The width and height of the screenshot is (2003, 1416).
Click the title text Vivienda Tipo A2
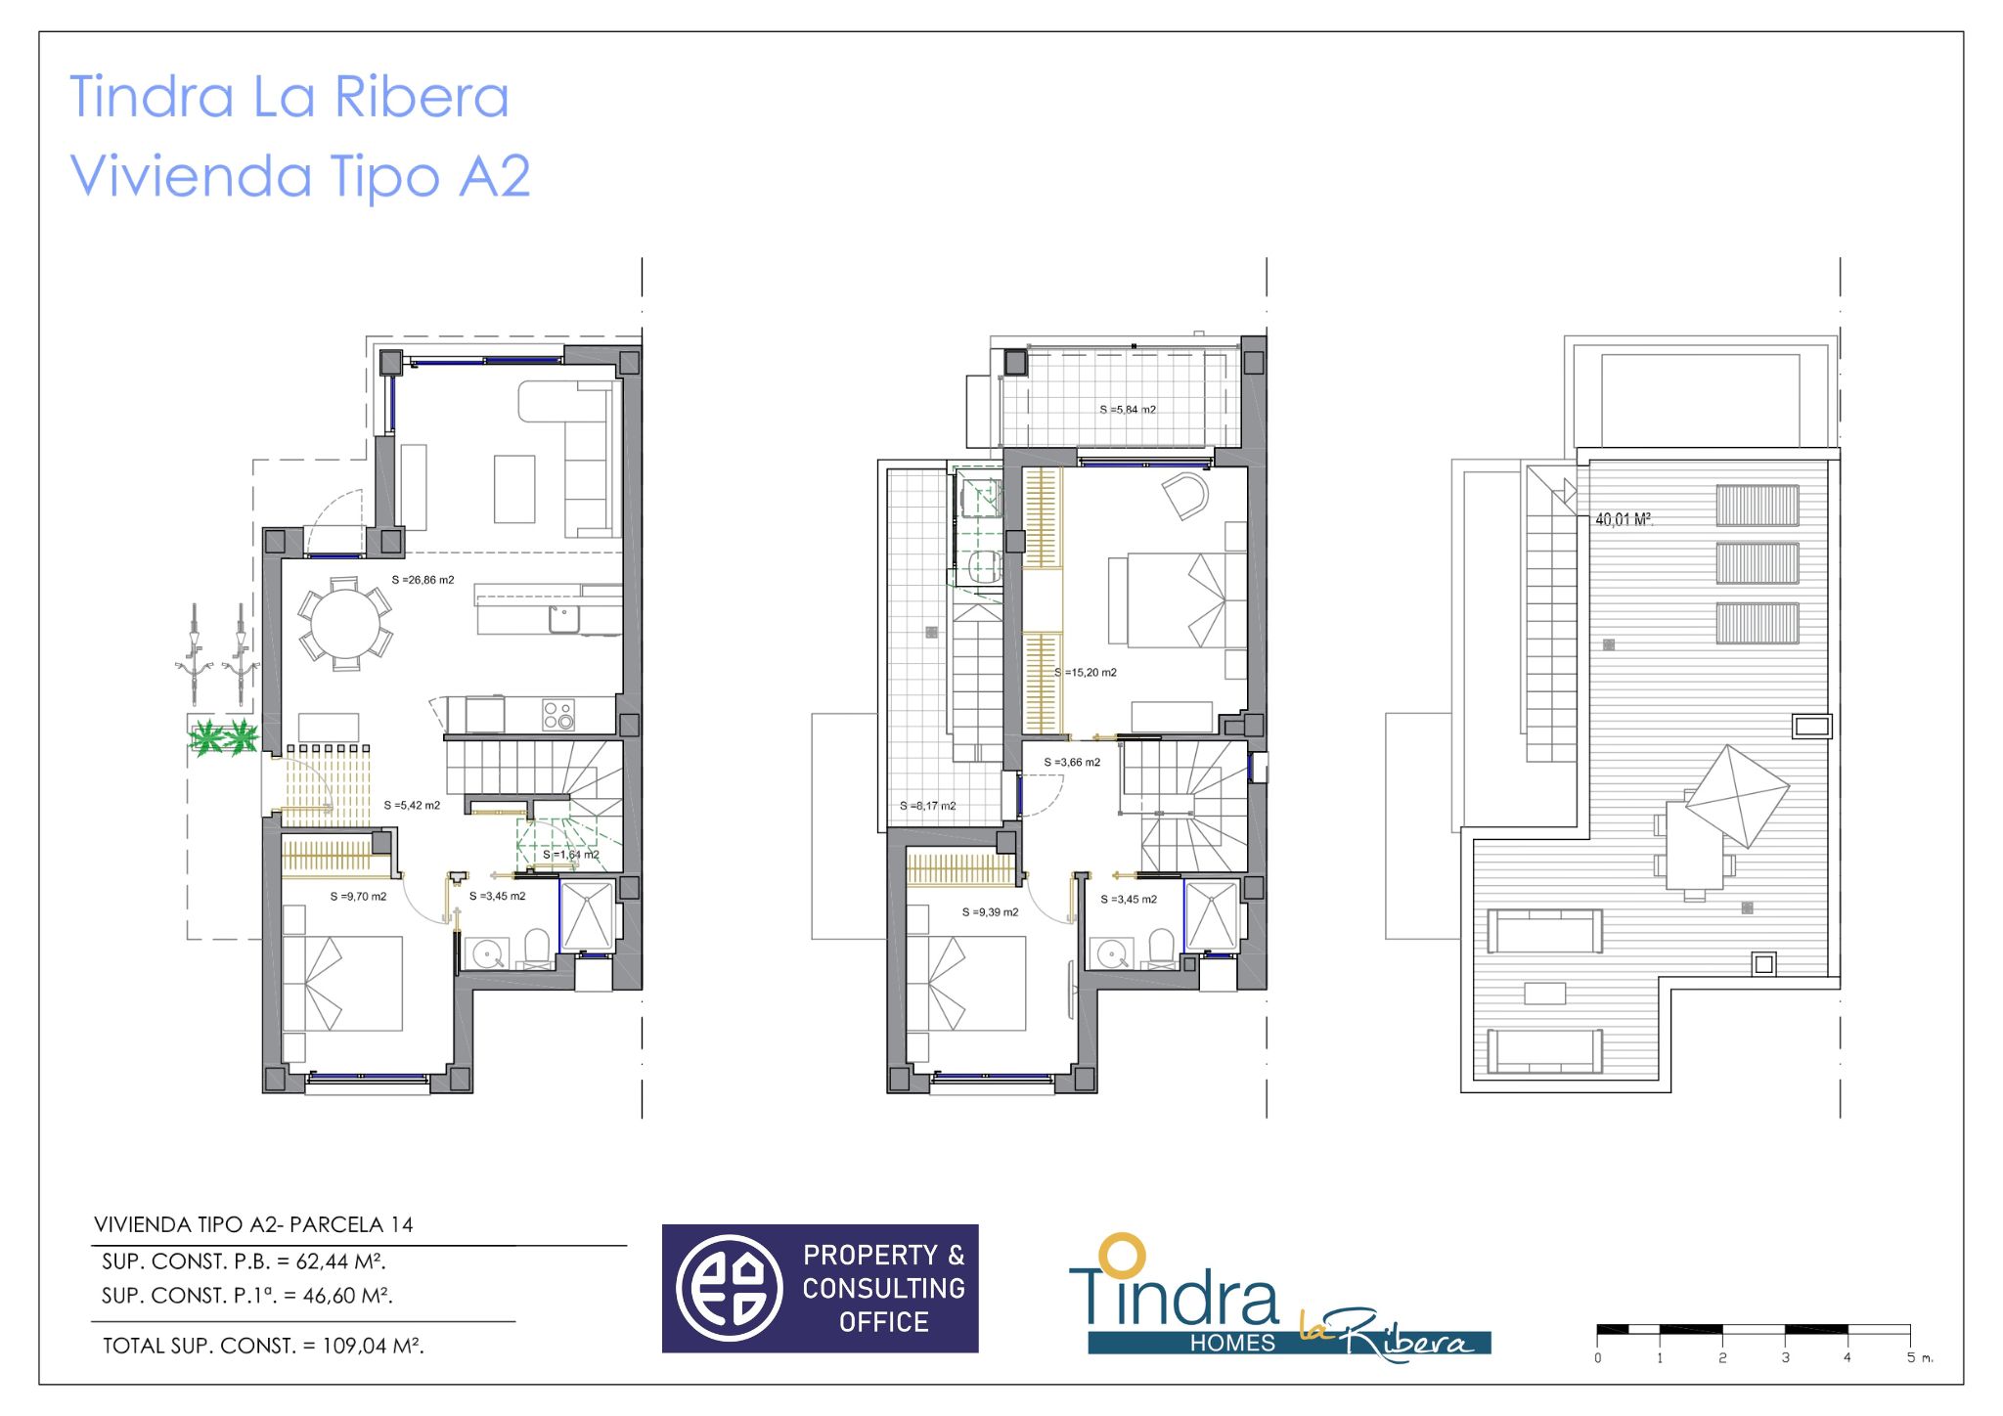pos(300,176)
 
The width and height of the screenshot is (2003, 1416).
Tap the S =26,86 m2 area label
pos(423,580)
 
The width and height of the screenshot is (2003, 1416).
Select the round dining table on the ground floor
pos(345,623)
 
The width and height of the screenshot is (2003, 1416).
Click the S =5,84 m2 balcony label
pos(1128,410)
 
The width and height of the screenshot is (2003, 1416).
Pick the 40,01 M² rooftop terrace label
pos(1624,519)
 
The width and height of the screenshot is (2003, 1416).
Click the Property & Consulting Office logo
pos(820,1288)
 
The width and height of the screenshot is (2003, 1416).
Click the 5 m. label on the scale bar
pos(1919,1357)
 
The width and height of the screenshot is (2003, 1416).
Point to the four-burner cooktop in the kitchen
pos(558,715)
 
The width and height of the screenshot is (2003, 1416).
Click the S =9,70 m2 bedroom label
pos(358,897)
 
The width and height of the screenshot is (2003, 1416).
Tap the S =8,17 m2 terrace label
pos(927,806)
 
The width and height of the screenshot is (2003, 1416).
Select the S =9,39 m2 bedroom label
pos(990,912)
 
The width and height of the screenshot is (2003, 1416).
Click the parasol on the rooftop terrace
pos(1737,795)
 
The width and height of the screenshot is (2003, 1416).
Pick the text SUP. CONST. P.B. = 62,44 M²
pos(244,1261)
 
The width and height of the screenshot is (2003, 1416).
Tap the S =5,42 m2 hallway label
pos(412,806)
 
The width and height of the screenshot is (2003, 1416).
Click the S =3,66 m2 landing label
pos(1072,763)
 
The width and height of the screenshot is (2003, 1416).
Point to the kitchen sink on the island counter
pos(563,619)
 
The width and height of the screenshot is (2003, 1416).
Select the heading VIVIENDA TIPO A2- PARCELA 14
pos(253,1224)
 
